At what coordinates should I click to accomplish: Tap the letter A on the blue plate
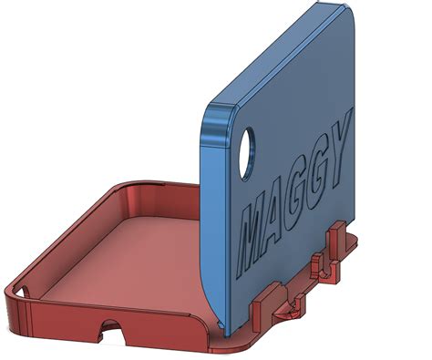point(279,212)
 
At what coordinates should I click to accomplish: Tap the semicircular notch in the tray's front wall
point(112,325)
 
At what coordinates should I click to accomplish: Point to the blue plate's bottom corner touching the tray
point(224,328)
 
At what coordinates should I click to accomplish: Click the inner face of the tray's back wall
point(159,195)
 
